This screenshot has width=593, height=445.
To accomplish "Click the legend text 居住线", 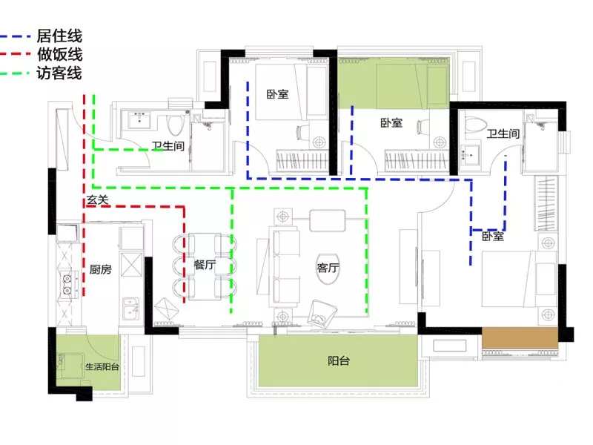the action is tap(59, 36).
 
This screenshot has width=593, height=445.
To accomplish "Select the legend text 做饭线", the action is tap(60, 55).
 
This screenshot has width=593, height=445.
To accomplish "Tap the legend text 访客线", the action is tap(59, 73).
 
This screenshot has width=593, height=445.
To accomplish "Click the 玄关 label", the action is tap(98, 200).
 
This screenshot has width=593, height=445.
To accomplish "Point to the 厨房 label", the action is tap(101, 269).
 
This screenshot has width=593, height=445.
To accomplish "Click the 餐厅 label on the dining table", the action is tap(205, 264).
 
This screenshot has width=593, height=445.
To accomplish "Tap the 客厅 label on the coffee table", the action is tap(328, 268).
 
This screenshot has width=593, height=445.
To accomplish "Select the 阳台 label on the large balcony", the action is tap(339, 360).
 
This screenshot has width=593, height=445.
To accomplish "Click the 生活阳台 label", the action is tap(102, 366).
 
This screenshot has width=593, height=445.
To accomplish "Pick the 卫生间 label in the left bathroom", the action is tap(168, 146).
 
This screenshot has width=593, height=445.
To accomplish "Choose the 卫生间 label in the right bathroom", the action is tap(503, 133).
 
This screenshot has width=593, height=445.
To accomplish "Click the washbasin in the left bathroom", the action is tap(140, 121).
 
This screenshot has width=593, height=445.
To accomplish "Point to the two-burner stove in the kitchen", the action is tap(67, 285).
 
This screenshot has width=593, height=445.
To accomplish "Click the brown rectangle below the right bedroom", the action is tap(520, 338).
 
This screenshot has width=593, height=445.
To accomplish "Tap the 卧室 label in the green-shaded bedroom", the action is tap(392, 122).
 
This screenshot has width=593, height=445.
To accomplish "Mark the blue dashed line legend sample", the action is tap(15, 36).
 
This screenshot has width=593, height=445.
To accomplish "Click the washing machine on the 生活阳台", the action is tap(70, 366).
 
